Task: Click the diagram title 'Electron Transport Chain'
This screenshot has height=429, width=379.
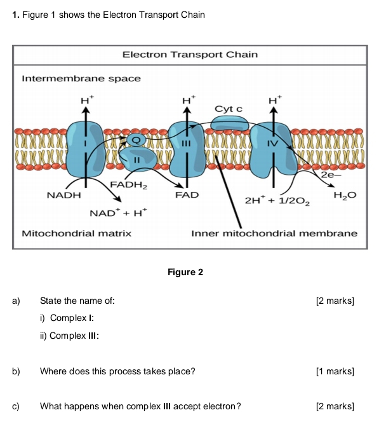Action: (190, 55)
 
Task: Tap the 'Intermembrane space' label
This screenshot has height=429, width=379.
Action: (81, 78)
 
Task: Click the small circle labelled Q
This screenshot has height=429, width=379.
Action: (135, 139)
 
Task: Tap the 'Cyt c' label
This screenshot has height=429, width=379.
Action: (229, 109)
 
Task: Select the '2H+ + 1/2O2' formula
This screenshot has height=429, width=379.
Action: (278, 200)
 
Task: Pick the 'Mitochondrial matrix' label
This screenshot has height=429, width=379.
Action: (77, 233)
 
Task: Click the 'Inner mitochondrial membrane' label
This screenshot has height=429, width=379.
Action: (275, 233)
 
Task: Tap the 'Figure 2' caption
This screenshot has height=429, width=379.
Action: (185, 272)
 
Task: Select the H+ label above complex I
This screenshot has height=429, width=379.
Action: (86, 99)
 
